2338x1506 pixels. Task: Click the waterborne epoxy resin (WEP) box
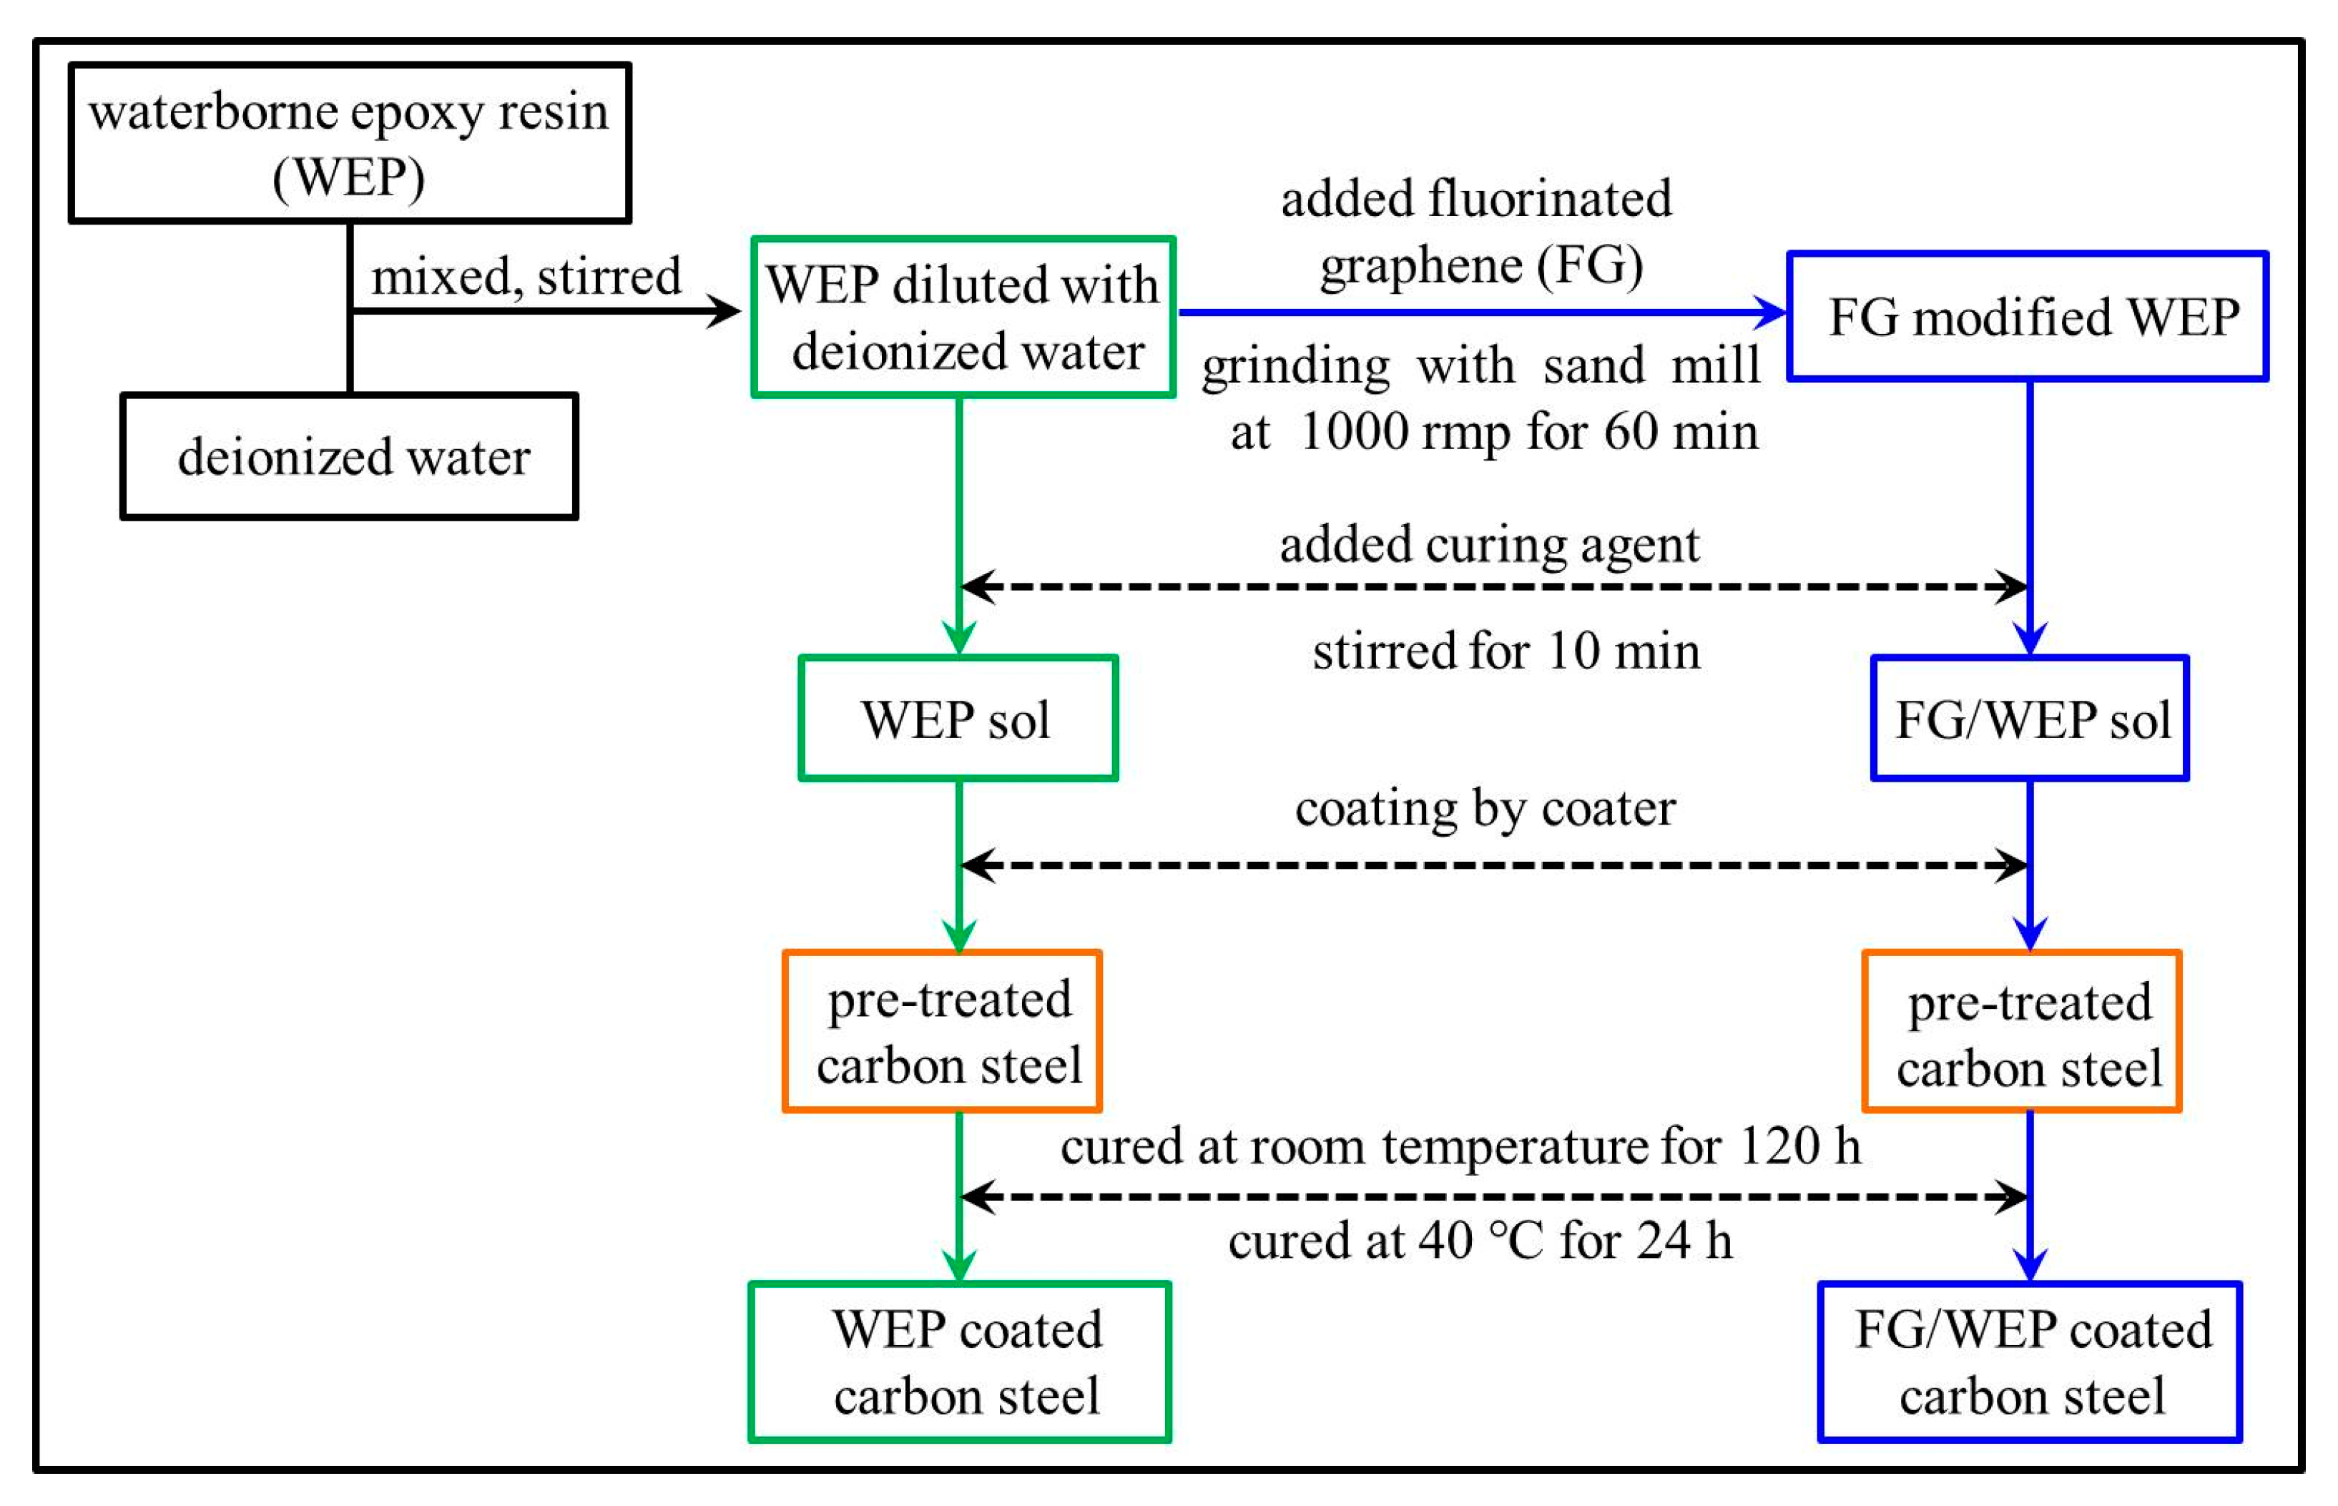[349, 144]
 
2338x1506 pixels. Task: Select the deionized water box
[349, 457]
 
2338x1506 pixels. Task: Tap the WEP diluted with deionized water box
[963, 317]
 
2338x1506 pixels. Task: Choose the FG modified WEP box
[2027, 317]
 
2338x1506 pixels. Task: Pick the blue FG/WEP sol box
[2030, 719]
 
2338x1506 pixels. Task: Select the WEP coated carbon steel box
[959, 1362]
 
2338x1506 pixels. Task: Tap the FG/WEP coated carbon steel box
[2030, 1362]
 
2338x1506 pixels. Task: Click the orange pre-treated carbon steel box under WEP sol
[943, 1032]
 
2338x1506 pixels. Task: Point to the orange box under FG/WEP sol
[2022, 1032]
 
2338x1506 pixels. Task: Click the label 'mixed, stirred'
[526, 277]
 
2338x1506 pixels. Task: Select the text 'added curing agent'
[1489, 545]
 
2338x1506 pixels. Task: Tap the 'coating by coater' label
[1485, 809]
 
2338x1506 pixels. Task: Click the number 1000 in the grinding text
[1355, 432]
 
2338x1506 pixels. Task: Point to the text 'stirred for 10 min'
[1506, 651]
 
